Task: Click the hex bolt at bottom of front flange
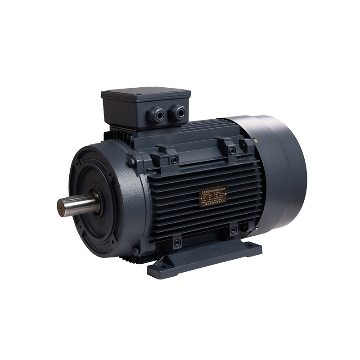click(x=135, y=251)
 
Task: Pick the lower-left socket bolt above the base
click(x=177, y=243)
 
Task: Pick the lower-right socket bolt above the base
click(x=233, y=230)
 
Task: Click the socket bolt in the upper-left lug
click(x=174, y=160)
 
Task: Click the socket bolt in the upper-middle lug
click(x=232, y=151)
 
